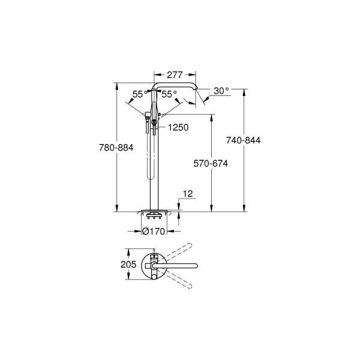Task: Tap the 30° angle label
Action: [x=221, y=91]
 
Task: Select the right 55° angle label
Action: [x=169, y=94]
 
